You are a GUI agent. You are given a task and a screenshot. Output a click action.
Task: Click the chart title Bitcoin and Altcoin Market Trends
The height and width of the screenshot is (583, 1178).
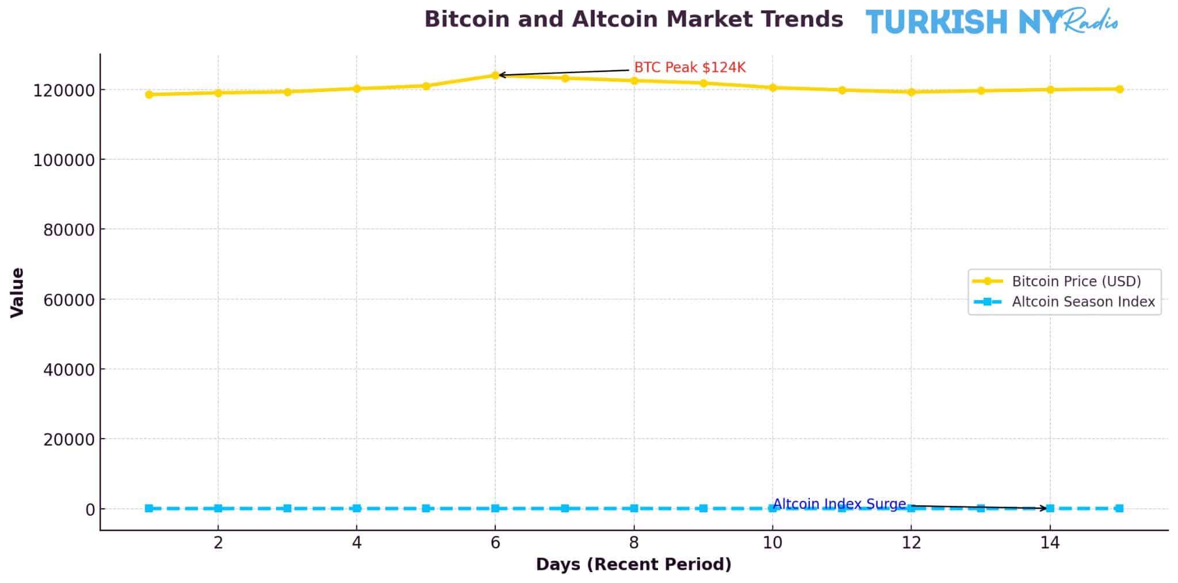pos(633,20)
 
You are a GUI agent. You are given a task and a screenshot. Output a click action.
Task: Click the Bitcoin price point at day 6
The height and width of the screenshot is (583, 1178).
pos(495,75)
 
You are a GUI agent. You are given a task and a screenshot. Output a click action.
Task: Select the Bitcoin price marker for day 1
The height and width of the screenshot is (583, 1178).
pos(149,94)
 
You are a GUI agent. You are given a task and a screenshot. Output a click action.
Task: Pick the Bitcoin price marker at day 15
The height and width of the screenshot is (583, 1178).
pos(1119,89)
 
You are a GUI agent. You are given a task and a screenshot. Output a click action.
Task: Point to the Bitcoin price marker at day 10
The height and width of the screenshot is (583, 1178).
pos(772,88)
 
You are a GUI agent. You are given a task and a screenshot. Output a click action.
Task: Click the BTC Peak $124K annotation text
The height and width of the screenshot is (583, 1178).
pos(689,68)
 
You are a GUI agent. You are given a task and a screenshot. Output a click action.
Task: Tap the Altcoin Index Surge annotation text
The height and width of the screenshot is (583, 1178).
pos(839,504)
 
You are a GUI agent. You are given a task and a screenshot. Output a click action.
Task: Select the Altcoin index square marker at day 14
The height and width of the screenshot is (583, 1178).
pos(1050,508)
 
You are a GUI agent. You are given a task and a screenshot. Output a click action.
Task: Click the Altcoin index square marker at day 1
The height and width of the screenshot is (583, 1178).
pos(149,508)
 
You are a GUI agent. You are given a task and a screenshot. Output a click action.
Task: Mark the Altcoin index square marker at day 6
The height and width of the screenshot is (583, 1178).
pos(495,508)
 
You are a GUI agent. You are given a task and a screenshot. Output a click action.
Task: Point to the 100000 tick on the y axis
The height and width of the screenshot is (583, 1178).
pos(63,160)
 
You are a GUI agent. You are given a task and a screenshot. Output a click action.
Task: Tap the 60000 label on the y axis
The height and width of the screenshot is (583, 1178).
pos(68,300)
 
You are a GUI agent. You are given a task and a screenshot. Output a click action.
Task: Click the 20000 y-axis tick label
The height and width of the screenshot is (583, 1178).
pos(68,440)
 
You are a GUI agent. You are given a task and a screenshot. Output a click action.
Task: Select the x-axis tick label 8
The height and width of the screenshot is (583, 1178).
pos(634,543)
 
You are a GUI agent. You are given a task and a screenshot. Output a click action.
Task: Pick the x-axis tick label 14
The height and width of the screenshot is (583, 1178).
pos(1050,543)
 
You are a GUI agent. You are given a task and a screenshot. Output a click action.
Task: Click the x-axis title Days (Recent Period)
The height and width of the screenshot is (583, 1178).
pos(633,565)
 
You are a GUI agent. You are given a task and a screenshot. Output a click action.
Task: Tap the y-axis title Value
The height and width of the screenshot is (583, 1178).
pos(18,292)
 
